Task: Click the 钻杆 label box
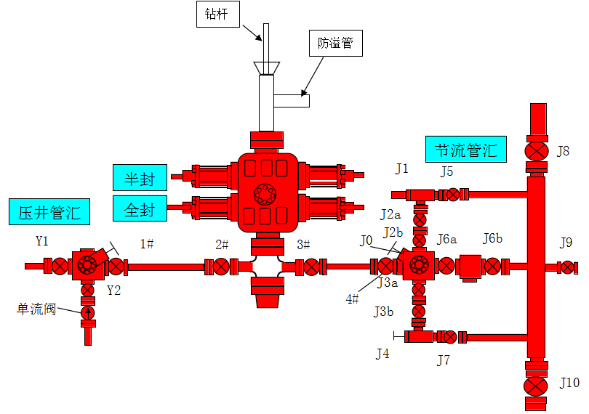[217, 15]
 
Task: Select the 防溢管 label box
[335, 44]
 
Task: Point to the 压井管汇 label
[49, 212]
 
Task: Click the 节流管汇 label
[466, 150]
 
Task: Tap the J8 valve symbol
[537, 151]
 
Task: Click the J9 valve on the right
[567, 267]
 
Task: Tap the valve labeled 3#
[312, 267]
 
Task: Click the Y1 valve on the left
[59, 267]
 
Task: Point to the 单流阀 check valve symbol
[88, 313]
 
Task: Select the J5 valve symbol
[454, 195]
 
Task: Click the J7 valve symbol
[450, 337]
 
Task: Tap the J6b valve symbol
[494, 267]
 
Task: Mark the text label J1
[402, 169]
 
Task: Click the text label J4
[382, 354]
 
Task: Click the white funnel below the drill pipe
[267, 68]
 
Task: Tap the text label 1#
[147, 244]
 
